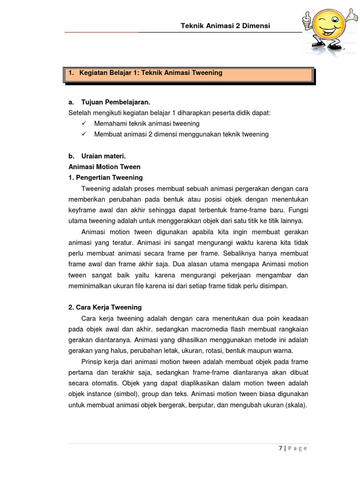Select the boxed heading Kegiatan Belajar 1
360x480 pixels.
point(145,73)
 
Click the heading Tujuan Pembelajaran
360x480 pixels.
point(117,102)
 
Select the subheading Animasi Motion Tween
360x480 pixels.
point(105,167)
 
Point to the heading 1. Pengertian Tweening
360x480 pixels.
point(105,178)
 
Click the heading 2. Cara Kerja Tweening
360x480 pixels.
point(105,307)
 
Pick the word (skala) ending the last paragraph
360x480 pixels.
point(296,405)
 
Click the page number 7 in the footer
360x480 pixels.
point(280,448)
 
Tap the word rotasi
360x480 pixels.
point(211,351)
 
